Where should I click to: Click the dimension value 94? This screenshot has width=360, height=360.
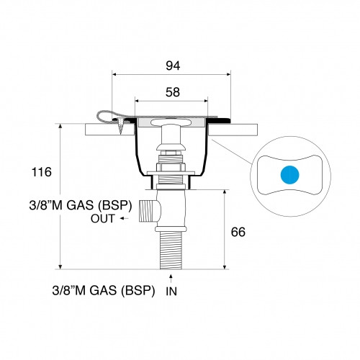tap(171, 66)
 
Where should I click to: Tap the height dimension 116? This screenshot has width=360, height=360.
tap(41, 173)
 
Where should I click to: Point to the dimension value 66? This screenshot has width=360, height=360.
tap(238, 232)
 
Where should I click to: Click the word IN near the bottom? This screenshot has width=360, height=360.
tap(171, 292)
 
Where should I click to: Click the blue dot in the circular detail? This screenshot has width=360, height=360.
tap(288, 175)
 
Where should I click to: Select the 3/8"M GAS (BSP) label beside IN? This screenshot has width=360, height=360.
tap(104, 292)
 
